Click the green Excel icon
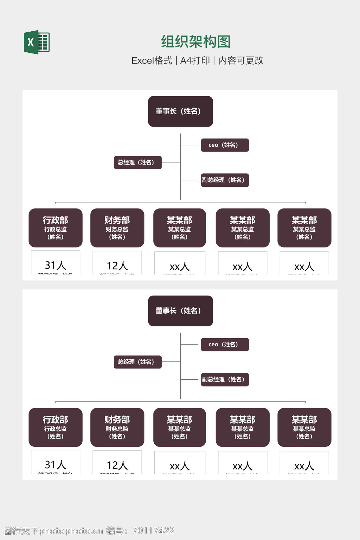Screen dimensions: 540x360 37,42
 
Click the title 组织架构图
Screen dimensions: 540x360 195,41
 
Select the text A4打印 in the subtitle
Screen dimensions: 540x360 195,60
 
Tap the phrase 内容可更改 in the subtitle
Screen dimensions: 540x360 241,60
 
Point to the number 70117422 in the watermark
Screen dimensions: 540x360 153,531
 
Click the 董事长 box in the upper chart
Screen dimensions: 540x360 180,111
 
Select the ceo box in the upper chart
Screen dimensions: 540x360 225,145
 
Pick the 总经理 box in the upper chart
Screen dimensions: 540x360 137,162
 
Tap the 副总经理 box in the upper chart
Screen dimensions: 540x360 225,180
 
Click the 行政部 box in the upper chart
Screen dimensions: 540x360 56,228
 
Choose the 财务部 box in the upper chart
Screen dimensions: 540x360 117,228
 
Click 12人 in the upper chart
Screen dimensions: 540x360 117,265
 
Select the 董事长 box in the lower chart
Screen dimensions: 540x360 180,311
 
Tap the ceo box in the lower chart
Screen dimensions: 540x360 225,345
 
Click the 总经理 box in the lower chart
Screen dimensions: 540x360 137,362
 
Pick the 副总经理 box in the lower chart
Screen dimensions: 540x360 225,379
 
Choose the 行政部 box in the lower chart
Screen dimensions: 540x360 56,427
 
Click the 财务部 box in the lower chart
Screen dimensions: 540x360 117,427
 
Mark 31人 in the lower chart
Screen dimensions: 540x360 56,464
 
